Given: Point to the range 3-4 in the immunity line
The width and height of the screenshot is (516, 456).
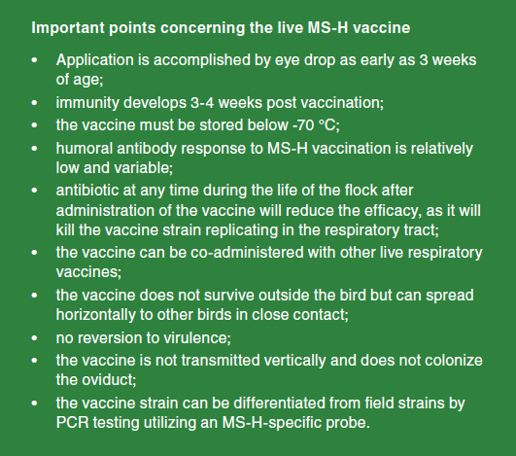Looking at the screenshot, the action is [202, 103].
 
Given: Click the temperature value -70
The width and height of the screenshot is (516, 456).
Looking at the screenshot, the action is [303, 125].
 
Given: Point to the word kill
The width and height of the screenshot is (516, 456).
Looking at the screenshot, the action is [65, 230].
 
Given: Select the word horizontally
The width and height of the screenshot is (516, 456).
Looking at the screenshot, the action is [96, 315].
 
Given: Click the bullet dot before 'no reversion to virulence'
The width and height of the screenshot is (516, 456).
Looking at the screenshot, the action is [35, 338].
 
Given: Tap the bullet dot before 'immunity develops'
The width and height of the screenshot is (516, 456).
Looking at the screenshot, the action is [35, 103].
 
